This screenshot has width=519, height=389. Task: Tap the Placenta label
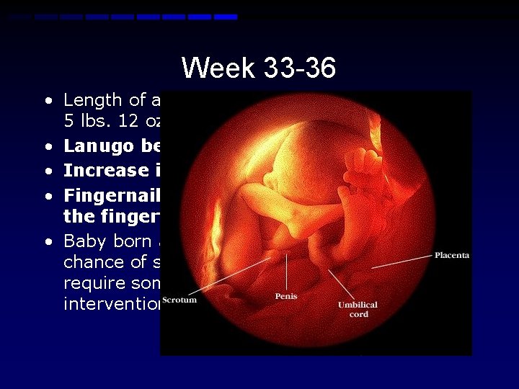click(x=452, y=256)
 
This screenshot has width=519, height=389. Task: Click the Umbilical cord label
click(x=358, y=310)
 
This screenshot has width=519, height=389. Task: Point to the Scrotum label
click(x=179, y=300)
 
